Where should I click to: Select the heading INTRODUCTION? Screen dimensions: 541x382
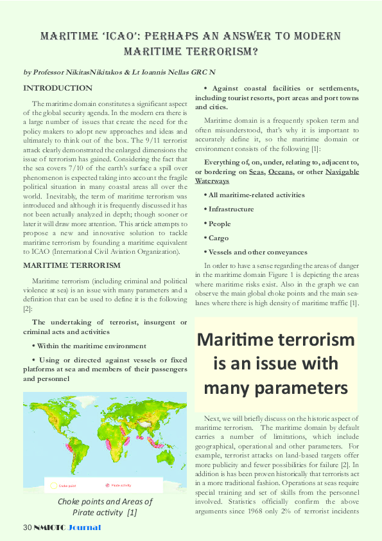[x=58, y=87]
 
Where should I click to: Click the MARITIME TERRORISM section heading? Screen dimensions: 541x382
[x=72, y=265]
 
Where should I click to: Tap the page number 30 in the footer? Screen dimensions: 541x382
[x=27, y=528]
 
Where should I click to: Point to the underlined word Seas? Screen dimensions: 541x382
[x=257, y=172]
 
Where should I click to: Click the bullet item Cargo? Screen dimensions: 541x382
[x=216, y=238]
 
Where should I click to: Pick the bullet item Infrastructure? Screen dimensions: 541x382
[x=229, y=209]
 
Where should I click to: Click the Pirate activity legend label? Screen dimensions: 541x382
[x=123, y=484]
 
